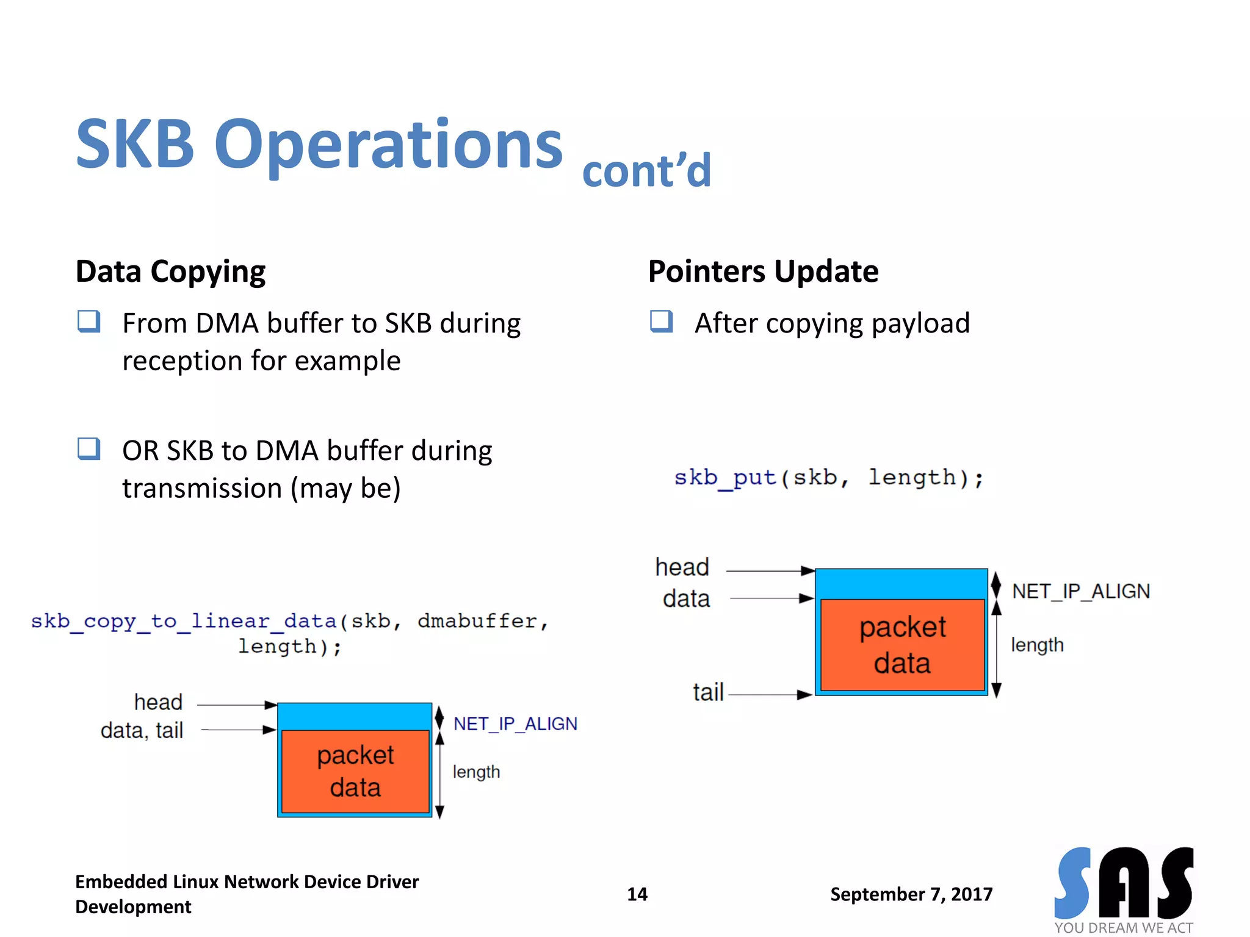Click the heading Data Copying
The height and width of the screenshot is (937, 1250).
[x=170, y=271]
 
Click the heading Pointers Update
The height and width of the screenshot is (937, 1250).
[x=763, y=271]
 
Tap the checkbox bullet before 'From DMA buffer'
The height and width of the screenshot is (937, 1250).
[x=89, y=321]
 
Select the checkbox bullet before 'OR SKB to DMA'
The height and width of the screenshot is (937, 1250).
[x=89, y=448]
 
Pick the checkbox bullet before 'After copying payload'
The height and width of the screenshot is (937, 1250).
[x=662, y=321]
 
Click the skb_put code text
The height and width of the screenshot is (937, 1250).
[x=828, y=478]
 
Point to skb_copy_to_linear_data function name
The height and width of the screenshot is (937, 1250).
[x=184, y=621]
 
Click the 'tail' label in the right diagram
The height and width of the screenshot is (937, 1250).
[x=708, y=693]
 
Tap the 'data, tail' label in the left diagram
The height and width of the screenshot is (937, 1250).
[x=142, y=730]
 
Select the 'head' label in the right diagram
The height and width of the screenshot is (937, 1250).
[x=682, y=567]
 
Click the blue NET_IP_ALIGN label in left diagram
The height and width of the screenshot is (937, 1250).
[x=515, y=724]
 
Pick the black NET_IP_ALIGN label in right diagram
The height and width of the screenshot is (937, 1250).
[x=1081, y=591]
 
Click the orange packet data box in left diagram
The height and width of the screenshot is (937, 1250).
[x=355, y=771]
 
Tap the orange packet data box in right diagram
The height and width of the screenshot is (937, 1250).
[x=902, y=645]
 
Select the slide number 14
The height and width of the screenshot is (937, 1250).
[x=637, y=894]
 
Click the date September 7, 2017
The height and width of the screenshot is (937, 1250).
[x=911, y=894]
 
